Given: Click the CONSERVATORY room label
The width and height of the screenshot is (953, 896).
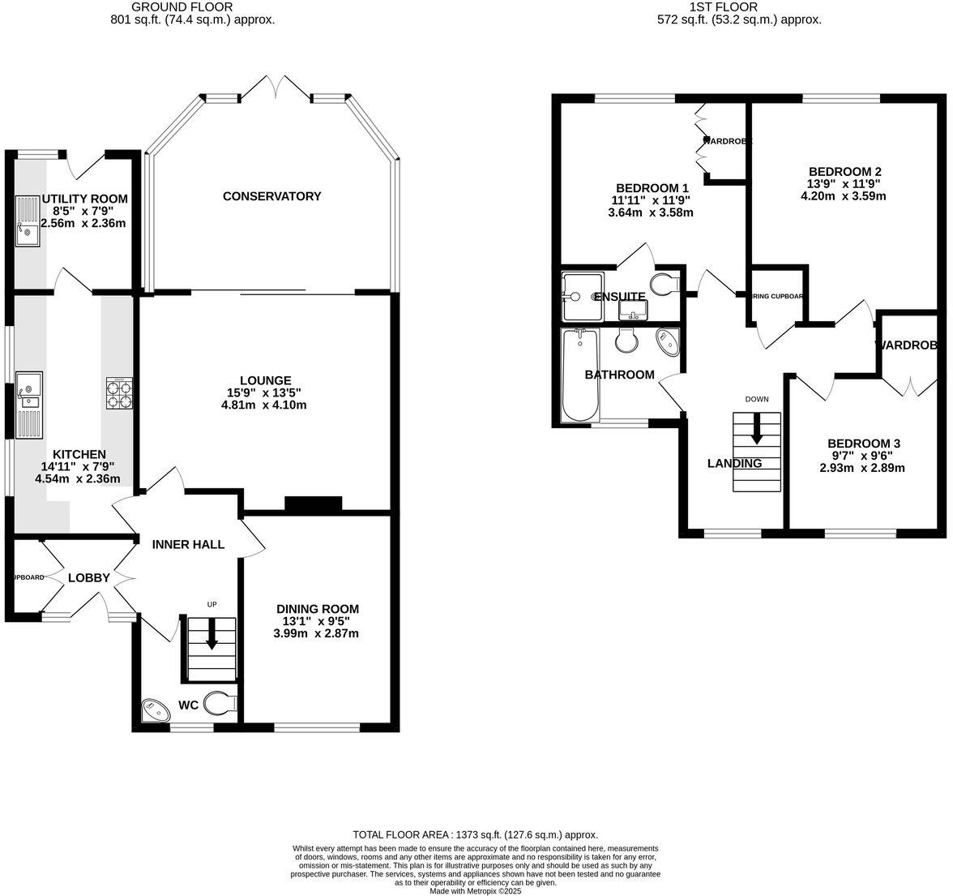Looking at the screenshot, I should pos(271,196).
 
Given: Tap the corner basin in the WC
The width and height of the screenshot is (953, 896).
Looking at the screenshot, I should pos(152,709).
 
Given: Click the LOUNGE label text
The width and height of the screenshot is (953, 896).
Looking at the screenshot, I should pos(265,380).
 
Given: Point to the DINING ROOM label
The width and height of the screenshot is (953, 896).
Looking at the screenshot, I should pos(317,609).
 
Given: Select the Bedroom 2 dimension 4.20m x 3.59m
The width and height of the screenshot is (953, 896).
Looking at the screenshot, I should pos(843,195).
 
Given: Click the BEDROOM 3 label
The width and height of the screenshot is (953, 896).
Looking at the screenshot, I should pos(863,444).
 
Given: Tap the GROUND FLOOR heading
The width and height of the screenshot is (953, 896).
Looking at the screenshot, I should pos(193,7).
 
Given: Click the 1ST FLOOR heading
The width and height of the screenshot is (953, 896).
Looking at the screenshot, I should pos(723,7).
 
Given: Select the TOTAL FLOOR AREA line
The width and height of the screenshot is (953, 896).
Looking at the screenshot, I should pos(476,834).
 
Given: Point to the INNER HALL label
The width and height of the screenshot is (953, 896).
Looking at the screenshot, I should pos(188,545).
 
